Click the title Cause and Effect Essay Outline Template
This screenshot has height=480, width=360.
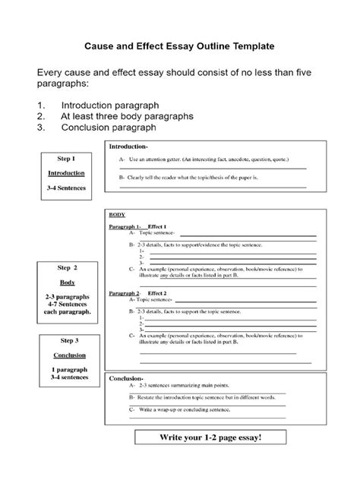179,46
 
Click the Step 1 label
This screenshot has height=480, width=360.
66,159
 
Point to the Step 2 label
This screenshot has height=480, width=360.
66,268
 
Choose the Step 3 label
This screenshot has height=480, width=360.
66,340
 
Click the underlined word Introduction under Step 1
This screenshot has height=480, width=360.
66,172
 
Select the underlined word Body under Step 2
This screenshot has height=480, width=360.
66,282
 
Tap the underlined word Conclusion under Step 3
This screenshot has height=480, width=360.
66,355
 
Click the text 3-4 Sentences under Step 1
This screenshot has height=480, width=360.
66,187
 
